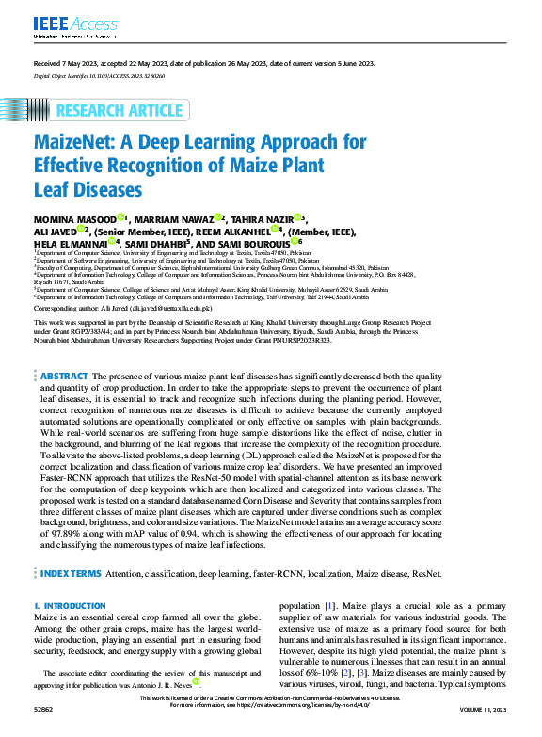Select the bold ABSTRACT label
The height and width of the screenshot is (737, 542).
[x=65, y=402]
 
